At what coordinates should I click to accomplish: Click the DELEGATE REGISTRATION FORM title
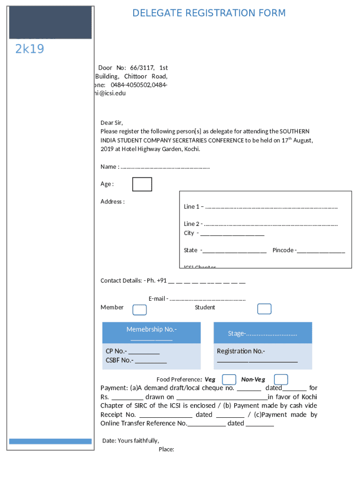[x=209, y=13]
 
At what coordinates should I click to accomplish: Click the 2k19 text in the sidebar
[x=29, y=49]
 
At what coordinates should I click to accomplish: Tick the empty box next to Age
[x=142, y=184]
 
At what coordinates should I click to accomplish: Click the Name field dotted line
[x=165, y=167]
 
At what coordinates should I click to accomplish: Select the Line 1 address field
[x=271, y=207]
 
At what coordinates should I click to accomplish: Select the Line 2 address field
[x=271, y=224]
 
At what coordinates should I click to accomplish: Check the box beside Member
[x=139, y=310]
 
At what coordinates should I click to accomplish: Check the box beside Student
[x=264, y=309]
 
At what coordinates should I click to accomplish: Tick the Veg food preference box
[x=229, y=379]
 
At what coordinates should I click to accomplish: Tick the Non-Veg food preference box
[x=281, y=379]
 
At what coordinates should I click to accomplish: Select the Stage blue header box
[x=262, y=334]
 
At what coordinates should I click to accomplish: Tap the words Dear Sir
[x=112, y=123]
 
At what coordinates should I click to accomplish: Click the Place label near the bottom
[x=166, y=450]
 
